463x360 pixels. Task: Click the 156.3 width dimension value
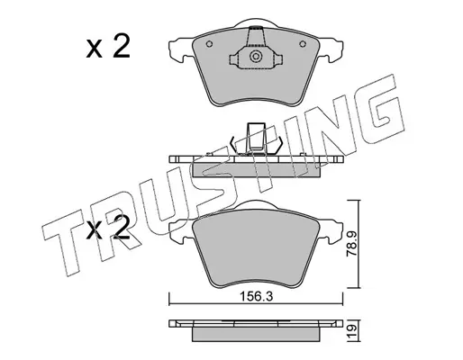[256, 297]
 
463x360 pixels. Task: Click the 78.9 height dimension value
[351, 243]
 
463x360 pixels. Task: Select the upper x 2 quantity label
[108, 46]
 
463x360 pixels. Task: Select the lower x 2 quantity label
[108, 228]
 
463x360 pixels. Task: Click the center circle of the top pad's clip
[256, 57]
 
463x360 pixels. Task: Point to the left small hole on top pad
[209, 44]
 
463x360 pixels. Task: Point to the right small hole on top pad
[303, 44]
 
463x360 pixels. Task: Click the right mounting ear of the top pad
[331, 49]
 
